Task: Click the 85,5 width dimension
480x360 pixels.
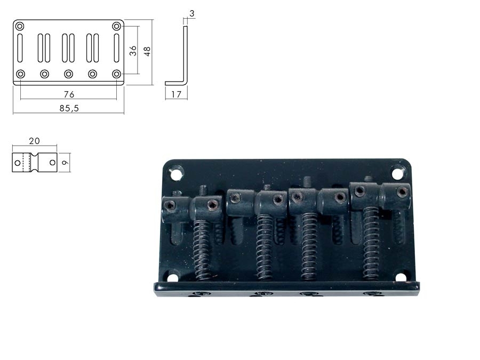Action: (69, 108)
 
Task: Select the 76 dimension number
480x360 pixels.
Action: (69, 94)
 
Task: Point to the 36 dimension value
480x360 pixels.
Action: (133, 51)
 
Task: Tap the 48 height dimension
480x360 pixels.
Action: (147, 51)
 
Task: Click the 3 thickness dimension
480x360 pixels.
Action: (192, 13)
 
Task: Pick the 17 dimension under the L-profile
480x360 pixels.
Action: (176, 94)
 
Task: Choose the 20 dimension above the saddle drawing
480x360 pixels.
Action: (34, 141)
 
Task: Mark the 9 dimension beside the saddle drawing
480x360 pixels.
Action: (65, 163)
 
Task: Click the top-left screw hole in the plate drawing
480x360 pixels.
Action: (20, 26)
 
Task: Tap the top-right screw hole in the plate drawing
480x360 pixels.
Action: (116, 26)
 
